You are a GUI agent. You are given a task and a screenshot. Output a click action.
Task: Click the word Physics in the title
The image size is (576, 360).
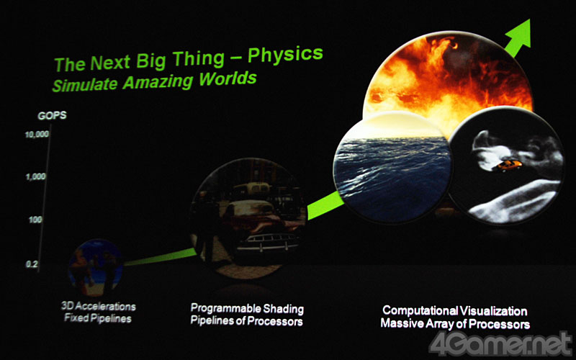(x=285, y=55)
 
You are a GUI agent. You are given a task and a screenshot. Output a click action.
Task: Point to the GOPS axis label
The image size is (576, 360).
(x=52, y=116)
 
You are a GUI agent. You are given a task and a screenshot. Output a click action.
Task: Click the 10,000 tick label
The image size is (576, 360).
(x=37, y=135)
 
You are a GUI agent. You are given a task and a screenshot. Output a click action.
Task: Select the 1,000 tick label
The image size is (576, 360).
(x=35, y=177)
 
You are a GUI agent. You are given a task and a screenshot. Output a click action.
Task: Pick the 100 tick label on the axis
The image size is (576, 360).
(x=35, y=220)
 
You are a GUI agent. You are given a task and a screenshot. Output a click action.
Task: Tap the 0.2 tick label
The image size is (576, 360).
(x=32, y=264)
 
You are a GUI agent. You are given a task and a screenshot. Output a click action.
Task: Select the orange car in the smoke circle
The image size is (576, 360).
(x=507, y=166)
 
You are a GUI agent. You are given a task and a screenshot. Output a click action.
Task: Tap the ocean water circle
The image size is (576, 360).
(x=392, y=167)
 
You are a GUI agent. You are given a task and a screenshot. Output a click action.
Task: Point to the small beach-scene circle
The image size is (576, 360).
(x=95, y=267)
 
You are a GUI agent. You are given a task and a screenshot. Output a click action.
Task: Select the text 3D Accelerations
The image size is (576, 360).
(x=99, y=307)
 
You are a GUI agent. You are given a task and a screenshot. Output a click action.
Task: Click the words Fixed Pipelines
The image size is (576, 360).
(x=98, y=318)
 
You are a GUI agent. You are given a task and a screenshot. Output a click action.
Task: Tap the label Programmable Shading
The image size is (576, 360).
(x=247, y=309)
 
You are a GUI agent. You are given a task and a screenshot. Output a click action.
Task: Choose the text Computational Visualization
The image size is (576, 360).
(x=455, y=311)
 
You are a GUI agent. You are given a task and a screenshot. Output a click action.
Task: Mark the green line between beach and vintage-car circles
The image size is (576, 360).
(x=160, y=258)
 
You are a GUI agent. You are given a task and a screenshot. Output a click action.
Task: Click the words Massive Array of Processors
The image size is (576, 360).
(x=455, y=324)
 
